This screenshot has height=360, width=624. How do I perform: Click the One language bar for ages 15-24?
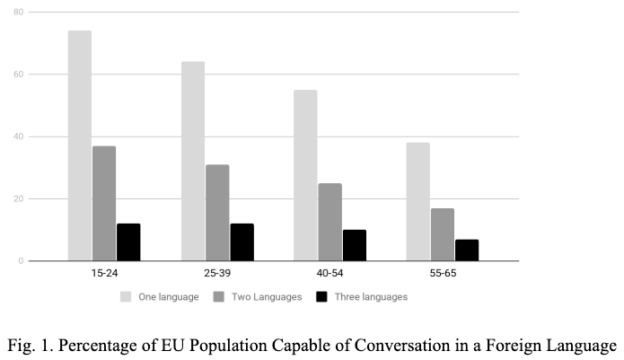point(80,146)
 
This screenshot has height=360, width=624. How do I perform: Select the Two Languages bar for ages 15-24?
point(104,204)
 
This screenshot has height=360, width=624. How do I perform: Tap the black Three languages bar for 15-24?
point(128,242)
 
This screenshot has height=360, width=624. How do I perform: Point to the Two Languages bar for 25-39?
point(217,213)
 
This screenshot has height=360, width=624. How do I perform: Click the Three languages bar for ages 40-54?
point(355,246)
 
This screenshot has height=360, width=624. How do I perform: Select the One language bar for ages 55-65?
point(418,202)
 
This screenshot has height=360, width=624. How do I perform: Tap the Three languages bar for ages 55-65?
point(467,250)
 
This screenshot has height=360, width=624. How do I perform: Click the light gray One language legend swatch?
point(127,296)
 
